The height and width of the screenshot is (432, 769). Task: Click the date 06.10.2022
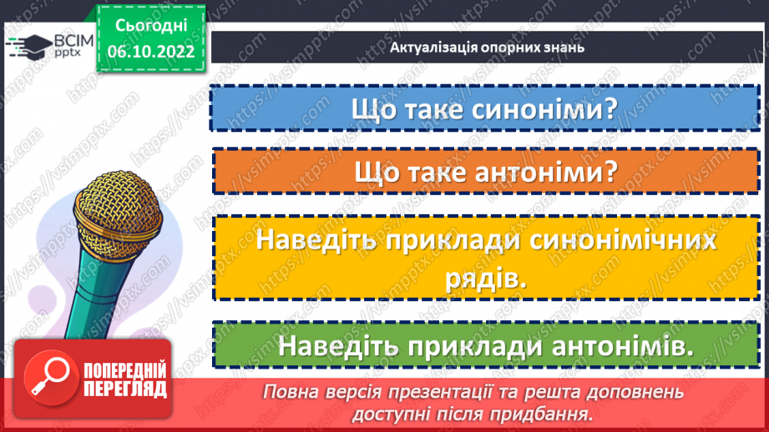152,50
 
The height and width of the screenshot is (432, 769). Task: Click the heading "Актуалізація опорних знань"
487,47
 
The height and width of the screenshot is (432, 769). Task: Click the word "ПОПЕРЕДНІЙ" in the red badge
125,370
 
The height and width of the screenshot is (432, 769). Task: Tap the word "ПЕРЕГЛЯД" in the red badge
125,389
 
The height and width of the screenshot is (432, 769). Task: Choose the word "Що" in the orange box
374,173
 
